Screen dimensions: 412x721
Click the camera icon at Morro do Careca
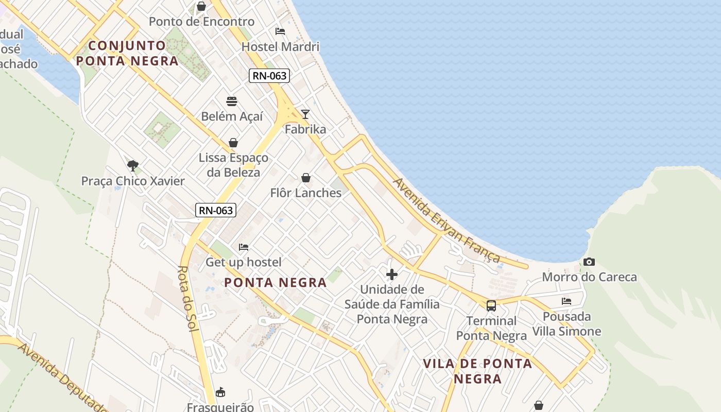coord(589,262)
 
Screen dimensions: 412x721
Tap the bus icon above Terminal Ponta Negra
coord(491,305)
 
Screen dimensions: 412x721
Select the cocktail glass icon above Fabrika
coord(305,114)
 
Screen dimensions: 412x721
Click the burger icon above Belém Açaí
coord(232,101)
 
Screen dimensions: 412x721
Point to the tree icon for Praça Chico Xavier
coord(133,165)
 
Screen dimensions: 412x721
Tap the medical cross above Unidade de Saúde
coord(392,274)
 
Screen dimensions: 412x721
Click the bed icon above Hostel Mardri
coord(280,31)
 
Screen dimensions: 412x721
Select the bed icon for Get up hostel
coord(244,247)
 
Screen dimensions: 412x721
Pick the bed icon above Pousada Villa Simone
coord(566,301)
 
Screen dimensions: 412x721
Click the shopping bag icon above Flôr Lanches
coord(306,178)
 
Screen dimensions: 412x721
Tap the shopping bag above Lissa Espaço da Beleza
coord(233,143)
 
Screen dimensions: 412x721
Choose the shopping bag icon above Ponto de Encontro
coord(201,6)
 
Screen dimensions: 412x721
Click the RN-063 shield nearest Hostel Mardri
coord(269,76)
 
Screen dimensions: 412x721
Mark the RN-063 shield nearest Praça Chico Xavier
coord(216,210)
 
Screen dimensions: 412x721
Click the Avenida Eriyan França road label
coord(446,220)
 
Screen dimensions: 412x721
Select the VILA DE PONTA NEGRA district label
coord(477,371)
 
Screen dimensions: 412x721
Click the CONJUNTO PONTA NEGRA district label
coord(127,53)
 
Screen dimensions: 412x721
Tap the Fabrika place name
coord(305,129)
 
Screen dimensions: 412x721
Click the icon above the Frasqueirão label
coord(220,392)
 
